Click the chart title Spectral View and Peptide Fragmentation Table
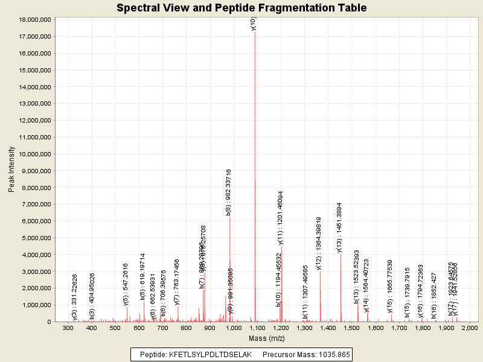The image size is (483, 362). click(x=241, y=8)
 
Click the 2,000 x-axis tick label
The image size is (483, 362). click(x=470, y=328)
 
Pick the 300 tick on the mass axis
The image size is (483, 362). click(x=68, y=328)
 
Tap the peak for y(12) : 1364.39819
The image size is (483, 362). click(x=320, y=296)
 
